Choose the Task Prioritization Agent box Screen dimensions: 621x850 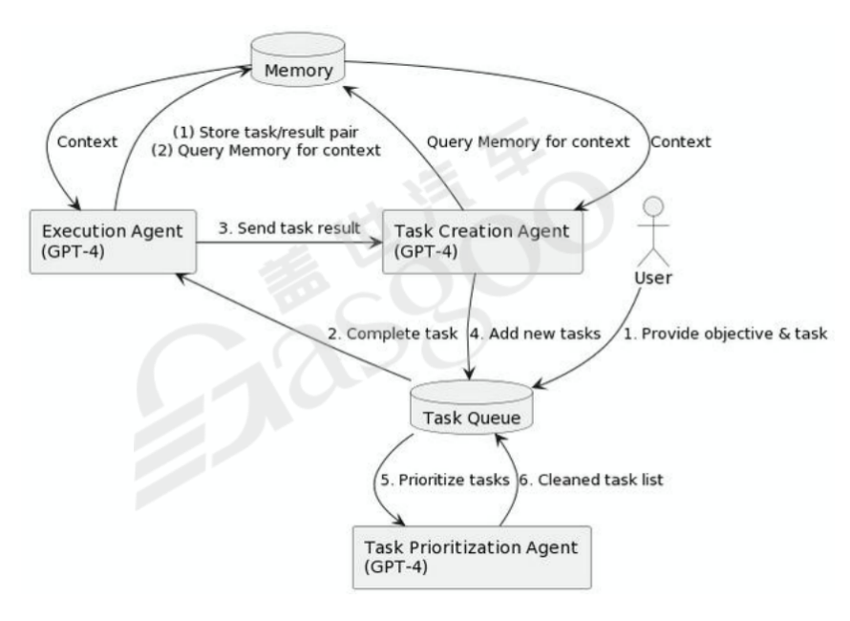472,556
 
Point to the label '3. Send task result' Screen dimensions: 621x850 290,228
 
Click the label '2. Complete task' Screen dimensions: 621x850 392,335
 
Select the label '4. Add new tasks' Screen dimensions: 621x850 536,335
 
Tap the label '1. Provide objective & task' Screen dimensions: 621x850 725,335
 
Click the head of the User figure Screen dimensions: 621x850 653,205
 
